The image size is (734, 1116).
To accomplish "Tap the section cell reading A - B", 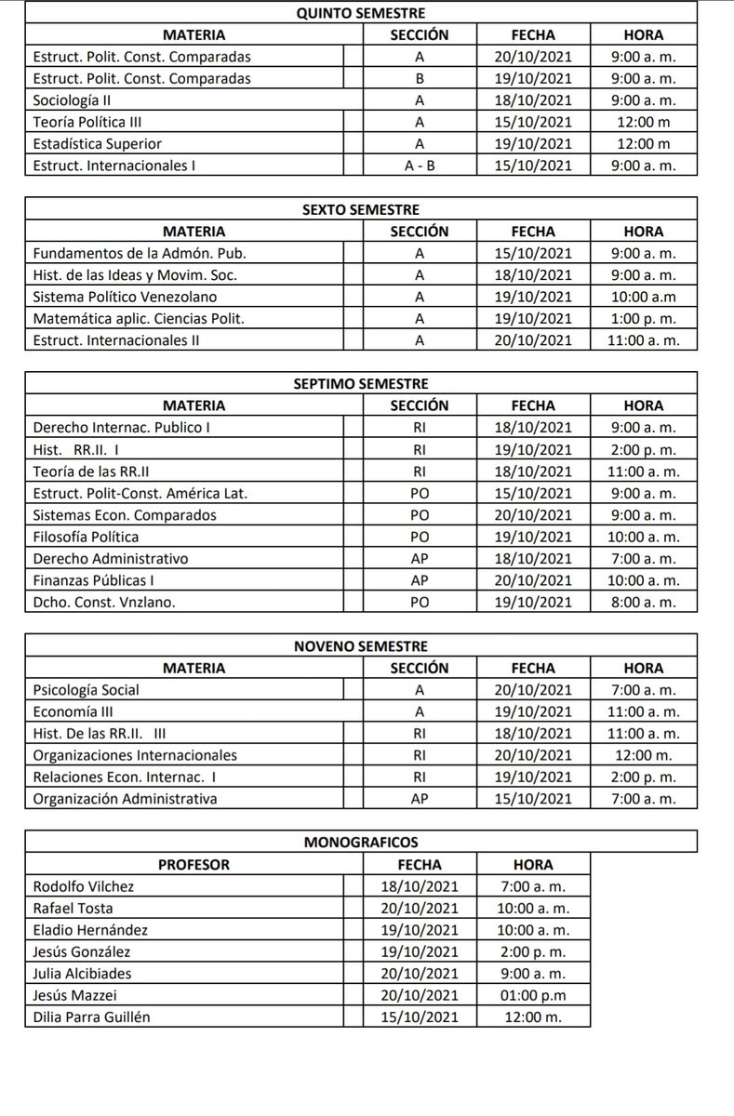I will pos(419,166).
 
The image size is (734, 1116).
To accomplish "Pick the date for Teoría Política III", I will pos(533,122).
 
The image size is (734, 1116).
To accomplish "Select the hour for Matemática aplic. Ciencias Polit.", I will pos(644,319).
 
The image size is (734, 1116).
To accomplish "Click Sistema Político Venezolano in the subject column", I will pos(124,298).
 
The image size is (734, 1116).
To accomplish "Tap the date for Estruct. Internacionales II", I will pos(533,340).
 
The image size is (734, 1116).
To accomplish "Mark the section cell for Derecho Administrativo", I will pos(419,559).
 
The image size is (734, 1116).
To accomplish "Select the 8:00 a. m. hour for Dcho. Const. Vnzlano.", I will pos(644,602).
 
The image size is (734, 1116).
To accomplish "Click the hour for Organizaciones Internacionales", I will pos(644,755).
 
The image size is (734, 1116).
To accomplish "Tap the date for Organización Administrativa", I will pos(533,799).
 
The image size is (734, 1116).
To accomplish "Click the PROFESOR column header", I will pos(194,864).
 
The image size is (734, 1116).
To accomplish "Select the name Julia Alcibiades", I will pos(82,974).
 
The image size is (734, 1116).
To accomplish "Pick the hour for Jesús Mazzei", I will pos(533,995).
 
